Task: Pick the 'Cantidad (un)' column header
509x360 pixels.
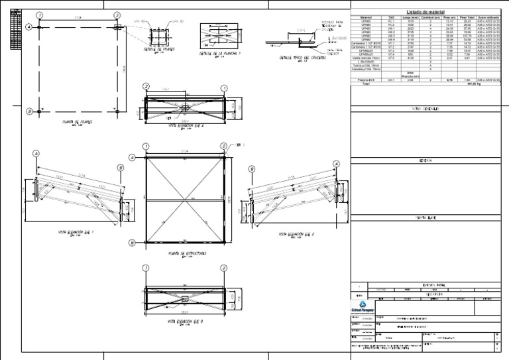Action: click(430, 18)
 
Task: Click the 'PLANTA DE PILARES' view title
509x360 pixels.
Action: click(77, 122)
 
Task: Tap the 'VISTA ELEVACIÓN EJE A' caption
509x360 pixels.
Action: click(185, 125)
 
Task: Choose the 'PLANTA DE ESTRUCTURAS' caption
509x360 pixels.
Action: click(188, 253)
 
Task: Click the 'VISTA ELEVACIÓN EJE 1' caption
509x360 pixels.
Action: click(76, 233)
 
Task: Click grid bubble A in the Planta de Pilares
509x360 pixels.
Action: click(28, 27)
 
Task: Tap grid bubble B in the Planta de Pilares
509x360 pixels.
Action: click(28, 112)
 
